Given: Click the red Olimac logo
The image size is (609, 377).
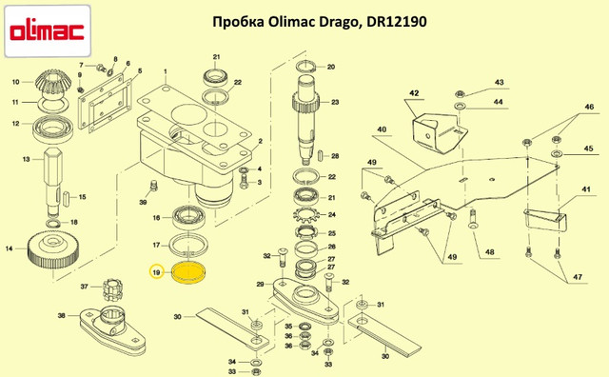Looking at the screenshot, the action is pyautogui.click(x=47, y=31).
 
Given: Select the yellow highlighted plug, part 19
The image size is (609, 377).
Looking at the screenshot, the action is pyautogui.click(x=188, y=272).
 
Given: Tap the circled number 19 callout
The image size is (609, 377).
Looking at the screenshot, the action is pyautogui.click(x=156, y=272).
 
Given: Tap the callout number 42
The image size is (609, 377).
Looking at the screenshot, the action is pyautogui.click(x=414, y=93).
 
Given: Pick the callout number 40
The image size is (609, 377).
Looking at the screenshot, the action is pyautogui.click(x=383, y=129).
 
